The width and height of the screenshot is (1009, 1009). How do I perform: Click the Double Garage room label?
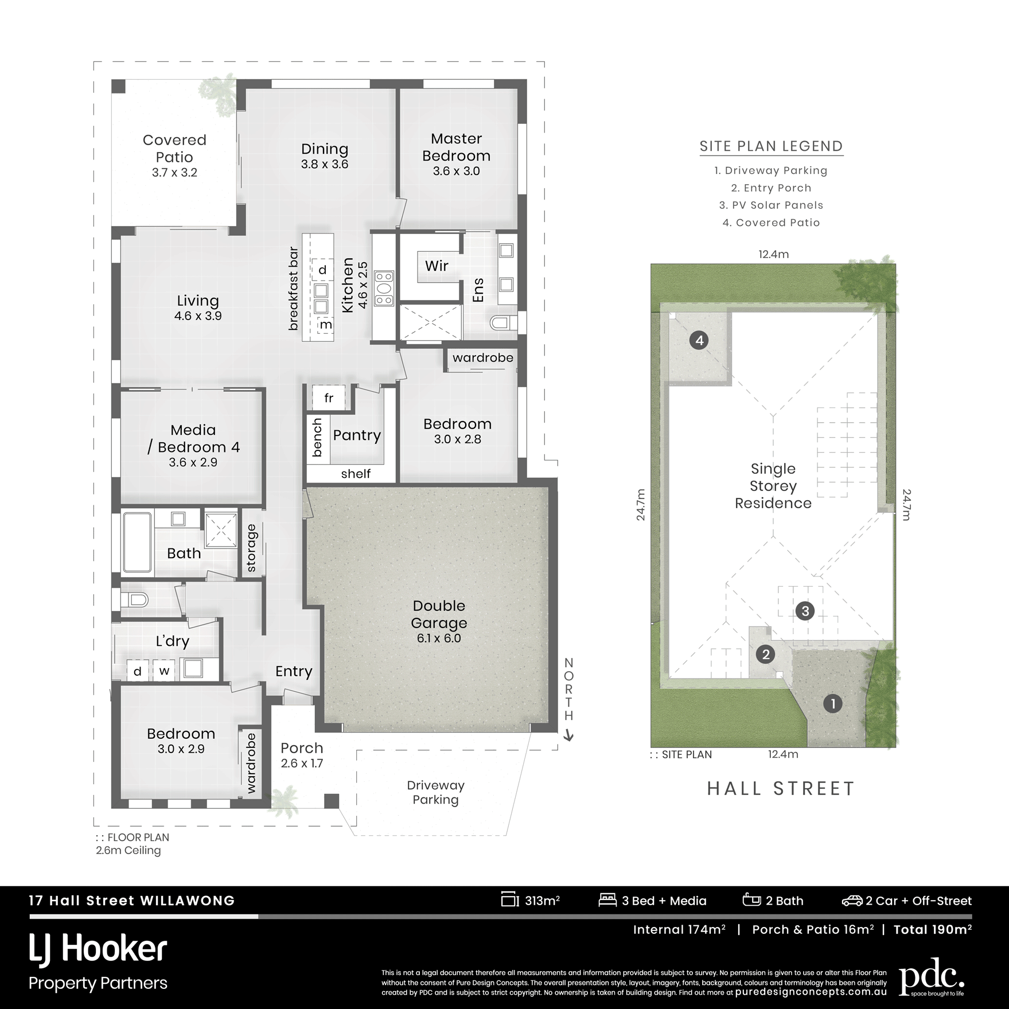click(x=439, y=614)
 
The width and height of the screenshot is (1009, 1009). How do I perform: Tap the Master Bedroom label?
click(x=457, y=147)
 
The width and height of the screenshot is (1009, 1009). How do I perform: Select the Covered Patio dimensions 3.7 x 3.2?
click(x=174, y=173)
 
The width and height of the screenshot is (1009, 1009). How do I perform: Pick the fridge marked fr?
click(x=328, y=398)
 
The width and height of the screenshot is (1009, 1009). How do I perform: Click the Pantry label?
click(x=357, y=435)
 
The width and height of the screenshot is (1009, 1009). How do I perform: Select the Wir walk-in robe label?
click(x=437, y=266)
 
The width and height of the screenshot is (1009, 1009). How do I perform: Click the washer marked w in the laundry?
click(x=165, y=671)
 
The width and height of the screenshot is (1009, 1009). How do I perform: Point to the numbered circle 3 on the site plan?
click(x=805, y=611)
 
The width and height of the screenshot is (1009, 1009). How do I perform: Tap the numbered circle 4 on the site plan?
click(x=699, y=341)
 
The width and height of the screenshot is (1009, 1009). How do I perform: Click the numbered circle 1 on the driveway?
click(x=833, y=703)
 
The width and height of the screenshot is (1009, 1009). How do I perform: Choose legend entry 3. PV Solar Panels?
click(x=772, y=205)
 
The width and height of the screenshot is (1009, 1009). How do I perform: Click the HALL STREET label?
click(x=781, y=788)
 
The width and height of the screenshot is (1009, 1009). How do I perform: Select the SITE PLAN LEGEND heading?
click(x=772, y=146)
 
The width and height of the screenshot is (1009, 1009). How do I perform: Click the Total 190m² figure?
click(x=933, y=929)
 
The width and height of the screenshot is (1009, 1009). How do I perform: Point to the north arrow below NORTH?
click(x=569, y=735)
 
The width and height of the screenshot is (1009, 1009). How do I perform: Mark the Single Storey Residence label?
click(x=773, y=486)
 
